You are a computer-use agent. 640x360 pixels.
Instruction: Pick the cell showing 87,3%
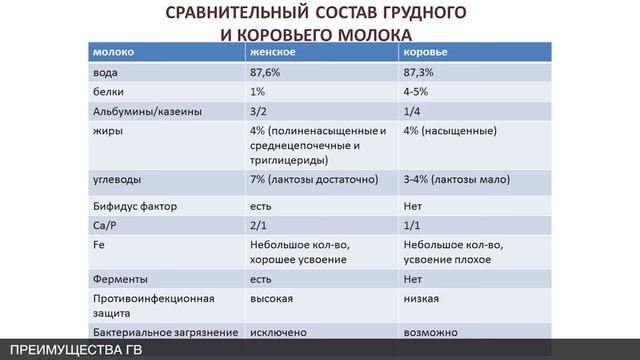pyautogui.click(x=421, y=72)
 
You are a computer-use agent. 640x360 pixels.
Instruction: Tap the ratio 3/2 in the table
pyautogui.click(x=258, y=111)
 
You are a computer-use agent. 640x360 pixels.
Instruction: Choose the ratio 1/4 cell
pyautogui.click(x=412, y=111)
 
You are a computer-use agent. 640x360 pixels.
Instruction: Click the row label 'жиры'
pyautogui.click(x=108, y=131)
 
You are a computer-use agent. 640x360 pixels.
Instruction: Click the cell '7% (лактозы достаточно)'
pyautogui.click(x=313, y=180)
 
